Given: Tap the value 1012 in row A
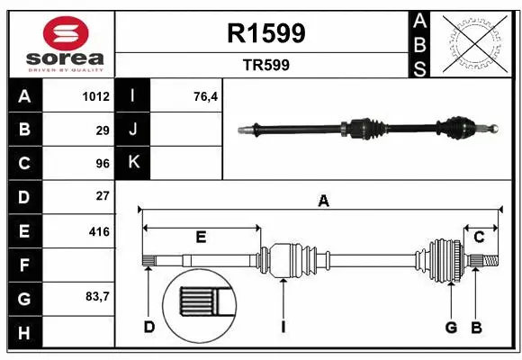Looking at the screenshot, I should coord(94,96).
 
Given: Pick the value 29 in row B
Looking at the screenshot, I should coord(102,130).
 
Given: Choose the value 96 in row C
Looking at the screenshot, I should coord(102,163).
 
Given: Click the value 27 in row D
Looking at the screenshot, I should coord(102,195).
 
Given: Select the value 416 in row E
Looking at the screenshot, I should coord(98,231).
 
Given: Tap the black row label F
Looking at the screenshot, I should coord(24,265).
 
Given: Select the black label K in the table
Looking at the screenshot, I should coord(133,163).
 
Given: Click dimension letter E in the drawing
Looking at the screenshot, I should coord(201,237).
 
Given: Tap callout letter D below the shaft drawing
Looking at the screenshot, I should coord(149,327).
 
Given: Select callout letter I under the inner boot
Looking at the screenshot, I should coord(283,327).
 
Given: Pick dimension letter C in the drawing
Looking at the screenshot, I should coord(480,237).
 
